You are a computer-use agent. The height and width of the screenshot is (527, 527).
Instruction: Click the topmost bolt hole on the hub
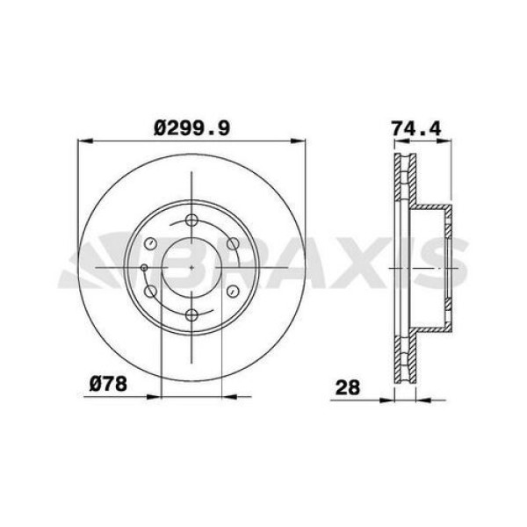192,220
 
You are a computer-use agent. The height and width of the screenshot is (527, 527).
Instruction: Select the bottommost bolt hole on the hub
192,314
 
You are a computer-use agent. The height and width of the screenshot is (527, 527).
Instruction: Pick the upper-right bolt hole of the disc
233,243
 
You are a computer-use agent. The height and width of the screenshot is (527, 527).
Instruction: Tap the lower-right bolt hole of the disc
233,291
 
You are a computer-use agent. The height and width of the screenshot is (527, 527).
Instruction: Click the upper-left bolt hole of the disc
151,243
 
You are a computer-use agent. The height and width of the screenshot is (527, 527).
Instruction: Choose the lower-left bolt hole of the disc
151,291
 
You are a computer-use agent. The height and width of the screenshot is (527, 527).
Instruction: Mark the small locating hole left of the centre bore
144,267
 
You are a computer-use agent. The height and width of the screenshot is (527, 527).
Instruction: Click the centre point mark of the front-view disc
192,267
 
